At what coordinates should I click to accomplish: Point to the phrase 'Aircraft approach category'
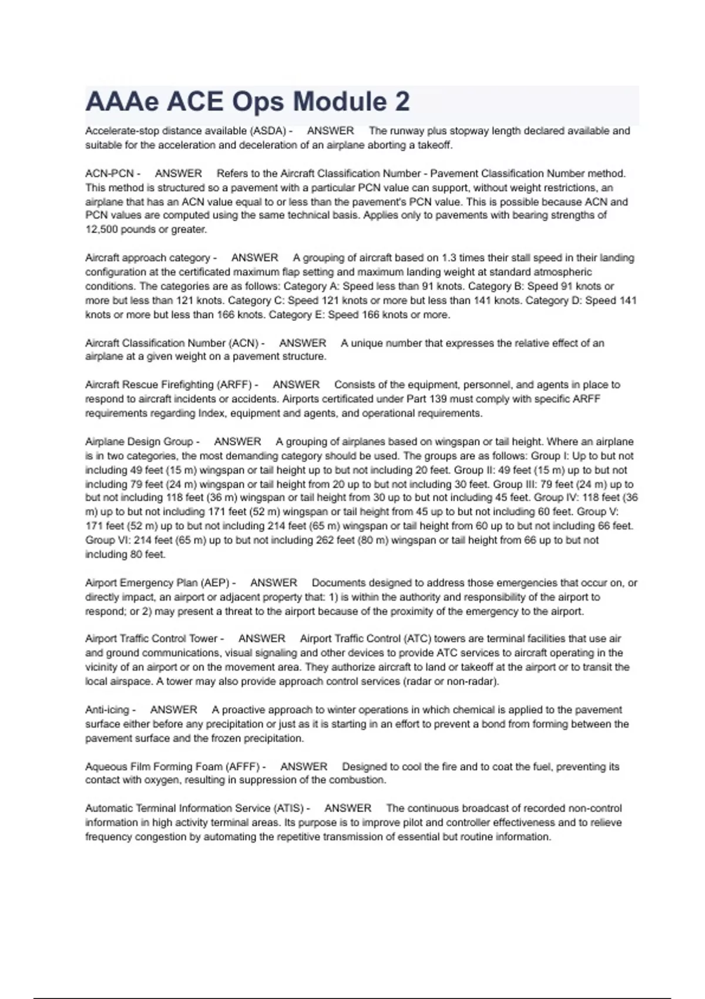coord(147,258)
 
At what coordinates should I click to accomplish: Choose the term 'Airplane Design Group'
coord(139,442)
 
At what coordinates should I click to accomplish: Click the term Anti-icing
coord(107,710)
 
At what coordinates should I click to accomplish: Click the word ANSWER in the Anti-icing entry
coord(173,710)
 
